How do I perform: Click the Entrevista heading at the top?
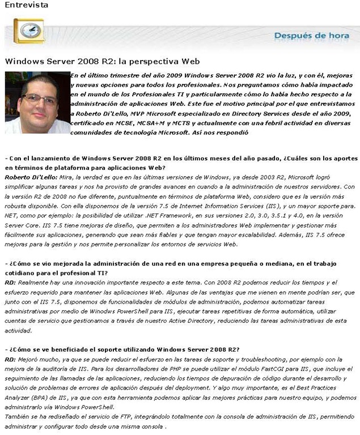click(25, 5)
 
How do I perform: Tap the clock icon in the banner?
click(28, 31)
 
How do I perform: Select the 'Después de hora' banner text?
click(311, 36)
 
